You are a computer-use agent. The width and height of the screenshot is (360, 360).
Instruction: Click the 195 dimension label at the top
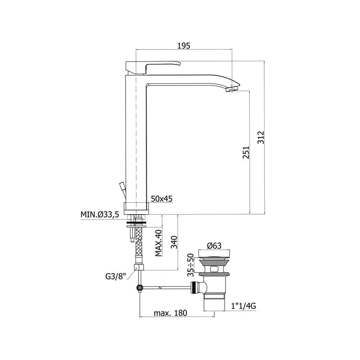[x=184, y=46]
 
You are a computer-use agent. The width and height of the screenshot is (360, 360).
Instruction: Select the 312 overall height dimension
[x=261, y=138]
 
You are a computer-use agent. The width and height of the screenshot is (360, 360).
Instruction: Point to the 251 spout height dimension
[x=246, y=152]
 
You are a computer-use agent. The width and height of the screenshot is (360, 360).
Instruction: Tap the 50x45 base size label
[x=162, y=198]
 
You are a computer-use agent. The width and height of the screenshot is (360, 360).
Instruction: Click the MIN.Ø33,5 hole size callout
[x=99, y=215]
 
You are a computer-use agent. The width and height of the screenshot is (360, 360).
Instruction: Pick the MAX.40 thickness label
[x=158, y=243]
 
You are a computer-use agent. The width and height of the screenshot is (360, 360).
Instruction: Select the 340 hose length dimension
[x=174, y=242]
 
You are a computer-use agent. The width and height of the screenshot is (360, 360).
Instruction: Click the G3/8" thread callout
[x=116, y=276]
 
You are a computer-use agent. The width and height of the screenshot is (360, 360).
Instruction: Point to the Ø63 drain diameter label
[x=214, y=246]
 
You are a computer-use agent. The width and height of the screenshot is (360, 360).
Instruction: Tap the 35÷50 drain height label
[x=190, y=265]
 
